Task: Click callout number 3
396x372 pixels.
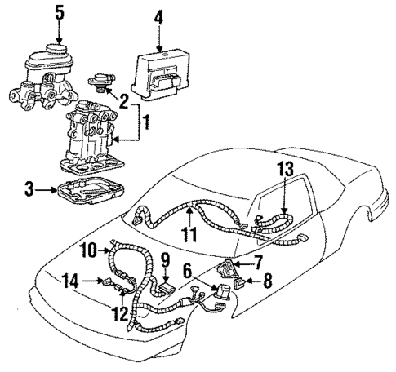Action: click(29, 190)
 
